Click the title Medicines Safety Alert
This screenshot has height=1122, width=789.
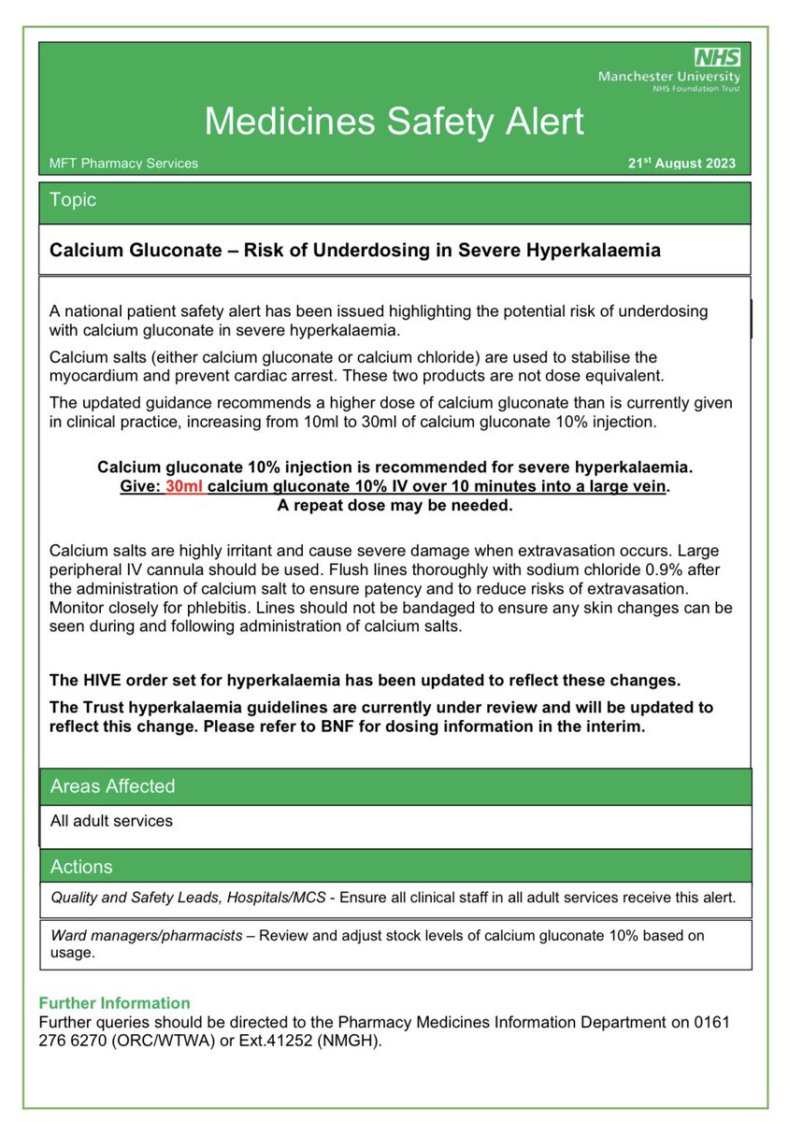tap(394, 122)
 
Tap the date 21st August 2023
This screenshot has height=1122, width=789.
tap(681, 163)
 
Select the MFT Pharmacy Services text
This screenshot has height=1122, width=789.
tap(123, 163)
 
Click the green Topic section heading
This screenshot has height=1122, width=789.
tap(73, 200)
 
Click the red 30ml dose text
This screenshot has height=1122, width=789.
tap(184, 486)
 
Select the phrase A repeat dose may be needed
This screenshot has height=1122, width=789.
tap(394, 505)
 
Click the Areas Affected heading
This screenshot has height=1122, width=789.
tap(112, 786)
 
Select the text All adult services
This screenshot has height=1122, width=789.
tap(111, 821)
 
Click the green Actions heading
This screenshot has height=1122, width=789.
tap(81, 867)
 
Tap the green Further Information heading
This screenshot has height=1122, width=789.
tap(114, 1003)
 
